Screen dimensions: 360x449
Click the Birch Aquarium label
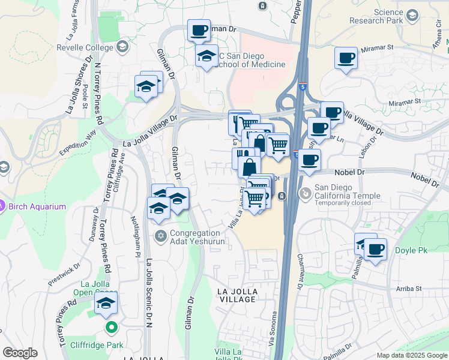37,206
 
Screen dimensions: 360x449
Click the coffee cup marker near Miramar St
346,58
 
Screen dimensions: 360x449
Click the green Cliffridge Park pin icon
110,328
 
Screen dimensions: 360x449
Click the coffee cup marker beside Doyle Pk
375,249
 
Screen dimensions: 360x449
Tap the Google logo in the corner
20,353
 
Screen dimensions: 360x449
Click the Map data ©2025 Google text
411,355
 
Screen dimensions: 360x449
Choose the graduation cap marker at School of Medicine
206,56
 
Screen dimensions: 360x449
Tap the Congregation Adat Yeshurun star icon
160,235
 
